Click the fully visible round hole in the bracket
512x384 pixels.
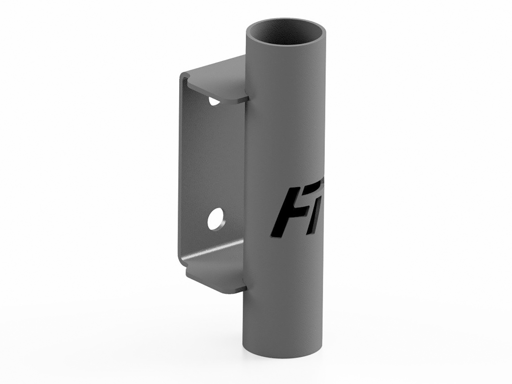(216, 218)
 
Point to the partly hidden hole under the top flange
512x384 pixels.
(214, 101)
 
